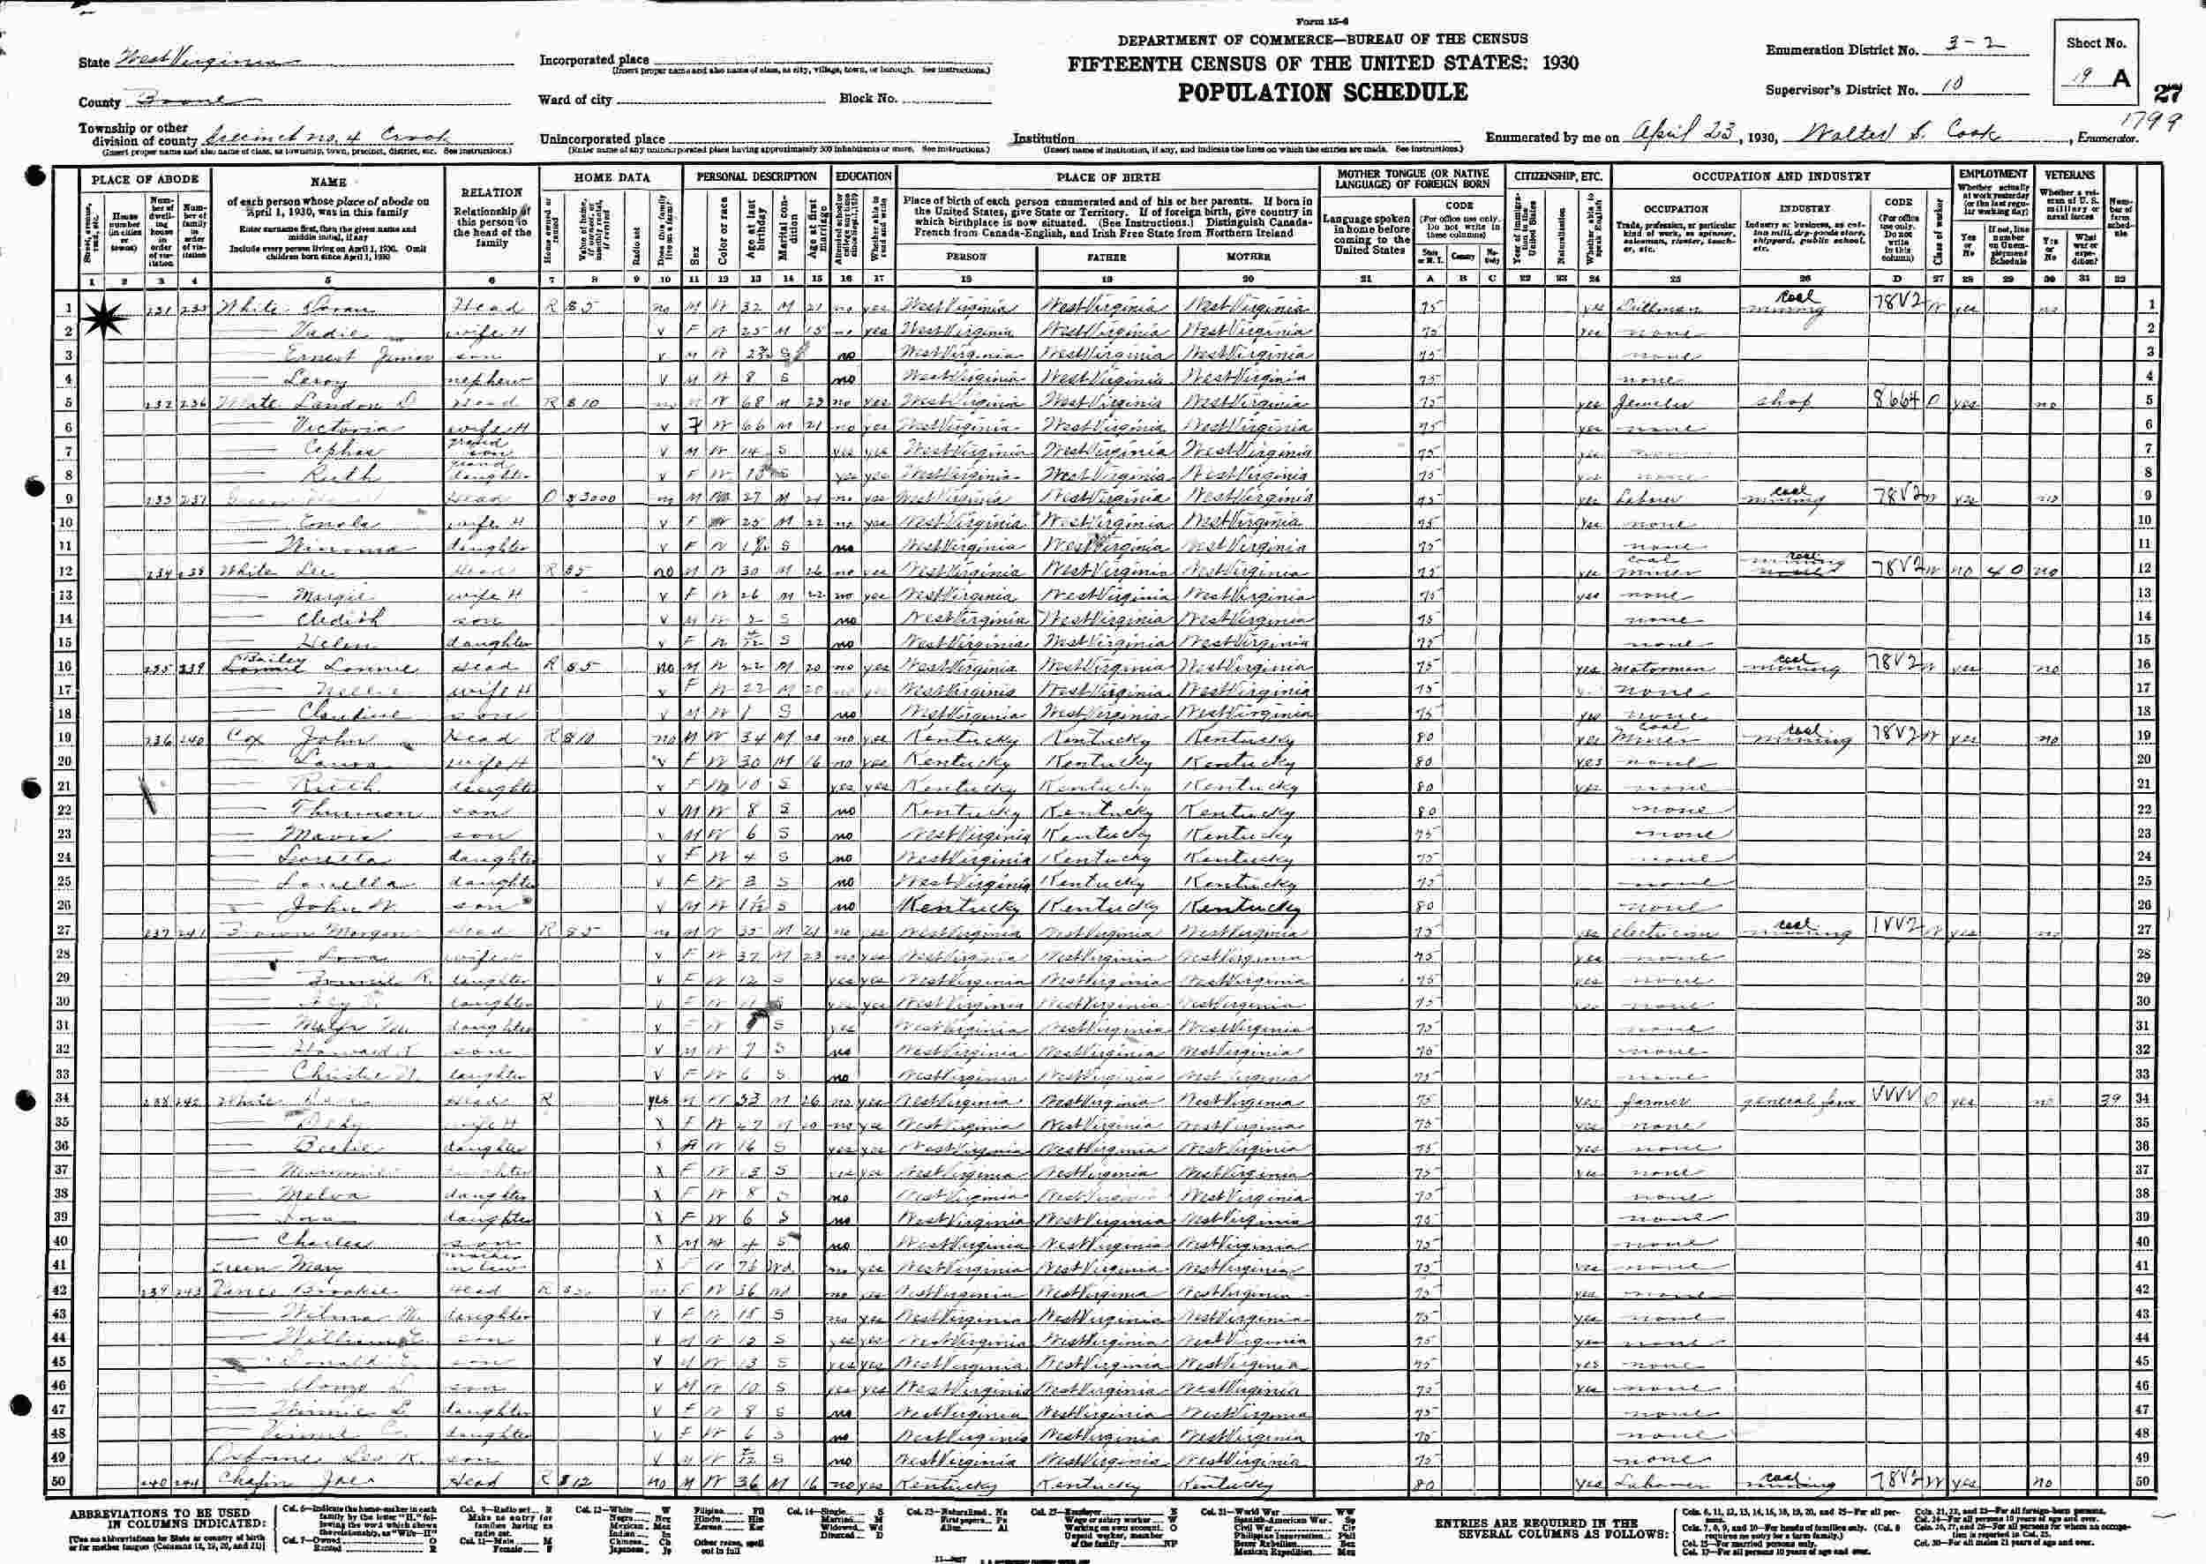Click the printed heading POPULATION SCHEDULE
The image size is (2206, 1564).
coord(1323,93)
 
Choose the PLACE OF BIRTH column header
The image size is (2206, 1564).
coord(1107,177)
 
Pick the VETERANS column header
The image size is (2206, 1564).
coord(2070,176)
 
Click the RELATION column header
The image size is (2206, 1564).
coord(491,192)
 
